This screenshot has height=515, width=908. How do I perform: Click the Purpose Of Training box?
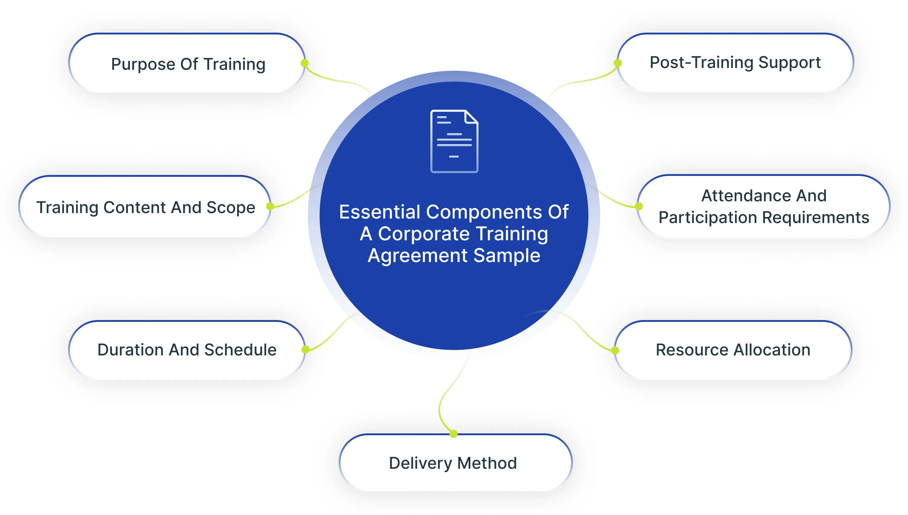point(188,64)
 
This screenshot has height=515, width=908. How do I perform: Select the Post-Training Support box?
point(735,63)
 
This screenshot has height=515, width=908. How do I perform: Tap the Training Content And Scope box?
point(145,207)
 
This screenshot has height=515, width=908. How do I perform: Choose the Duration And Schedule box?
point(187,350)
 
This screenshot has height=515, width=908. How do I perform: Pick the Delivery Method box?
point(453,463)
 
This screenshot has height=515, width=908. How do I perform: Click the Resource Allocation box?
point(733,350)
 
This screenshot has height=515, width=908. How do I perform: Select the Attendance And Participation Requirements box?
point(764,206)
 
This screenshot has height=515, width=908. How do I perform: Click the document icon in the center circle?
point(454,141)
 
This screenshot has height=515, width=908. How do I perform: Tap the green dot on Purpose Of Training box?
point(304,63)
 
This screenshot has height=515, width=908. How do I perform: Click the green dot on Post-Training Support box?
point(618,63)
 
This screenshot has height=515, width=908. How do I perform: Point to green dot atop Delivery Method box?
point(454,434)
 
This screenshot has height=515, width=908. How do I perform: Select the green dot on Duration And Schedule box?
point(306,349)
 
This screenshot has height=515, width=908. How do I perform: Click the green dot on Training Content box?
point(270,206)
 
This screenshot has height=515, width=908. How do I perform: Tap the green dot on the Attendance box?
point(639,206)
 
